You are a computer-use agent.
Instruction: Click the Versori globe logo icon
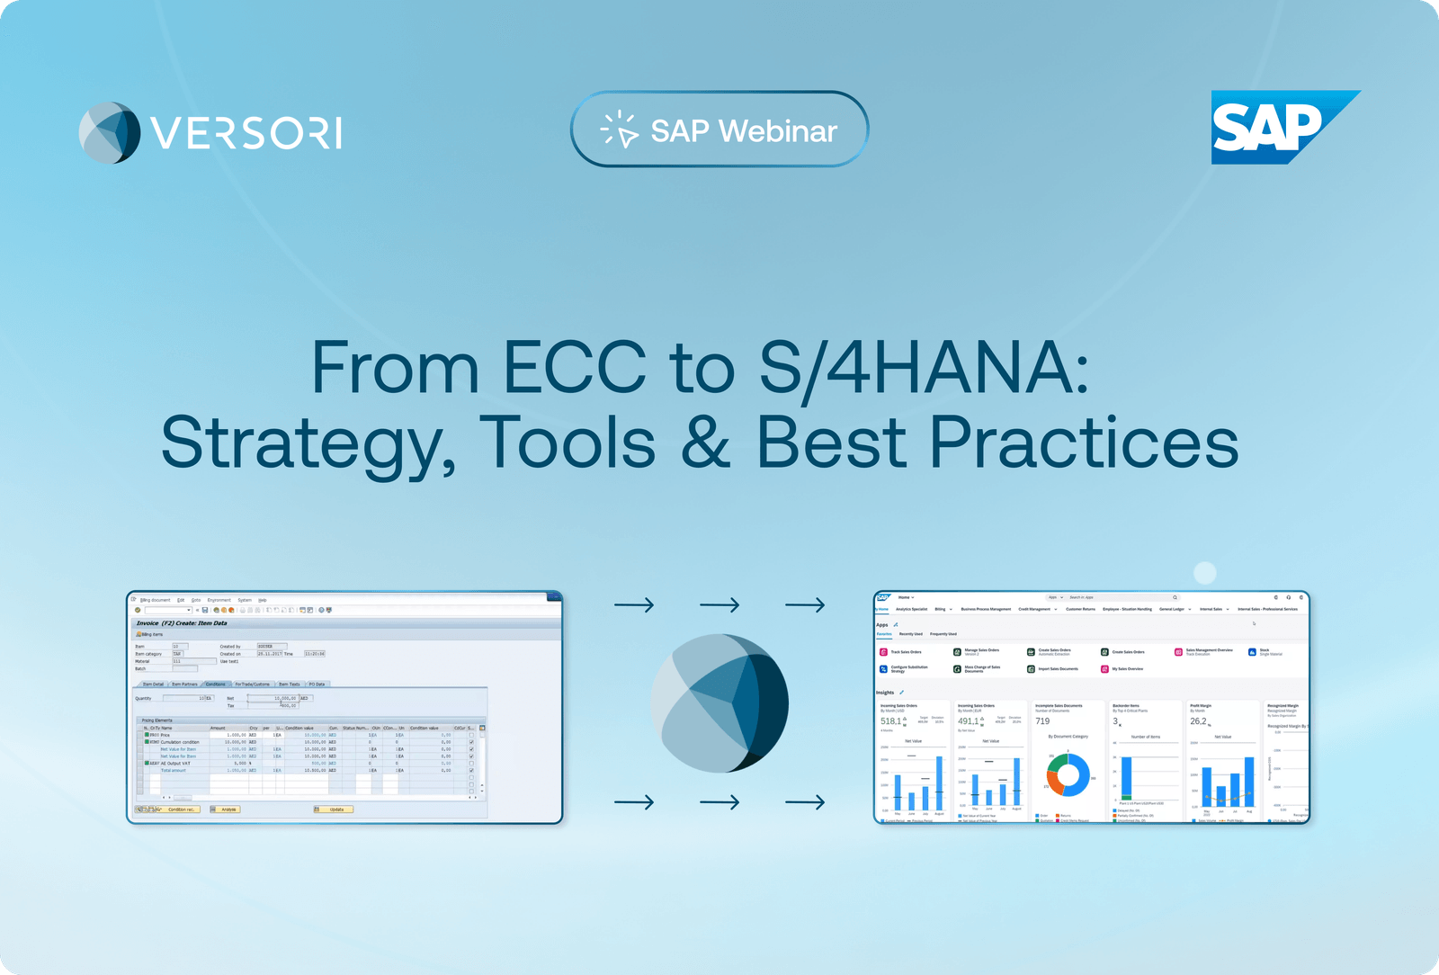pos(110,133)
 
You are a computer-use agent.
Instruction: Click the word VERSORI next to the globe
pos(246,133)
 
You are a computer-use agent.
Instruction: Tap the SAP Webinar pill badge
pos(719,130)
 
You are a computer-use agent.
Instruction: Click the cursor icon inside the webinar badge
pos(620,130)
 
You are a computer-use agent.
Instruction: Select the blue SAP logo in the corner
pos(1277,128)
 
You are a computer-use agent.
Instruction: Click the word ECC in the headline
pos(574,368)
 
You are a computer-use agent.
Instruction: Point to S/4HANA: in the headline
pos(924,368)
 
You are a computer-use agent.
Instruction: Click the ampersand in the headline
pos(705,443)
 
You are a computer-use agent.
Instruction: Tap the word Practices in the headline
pos(1083,443)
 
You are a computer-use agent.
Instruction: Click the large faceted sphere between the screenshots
pos(719,702)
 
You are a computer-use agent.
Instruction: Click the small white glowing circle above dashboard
pos(1204,573)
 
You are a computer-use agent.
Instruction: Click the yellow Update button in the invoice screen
pos(335,810)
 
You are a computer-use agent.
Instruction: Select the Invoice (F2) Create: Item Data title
pos(182,623)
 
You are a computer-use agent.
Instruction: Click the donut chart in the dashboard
pos(1068,774)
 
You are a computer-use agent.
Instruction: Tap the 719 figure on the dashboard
pos(1042,721)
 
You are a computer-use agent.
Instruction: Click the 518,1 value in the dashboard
pos(890,721)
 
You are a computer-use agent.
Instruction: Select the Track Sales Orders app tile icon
pos(883,652)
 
